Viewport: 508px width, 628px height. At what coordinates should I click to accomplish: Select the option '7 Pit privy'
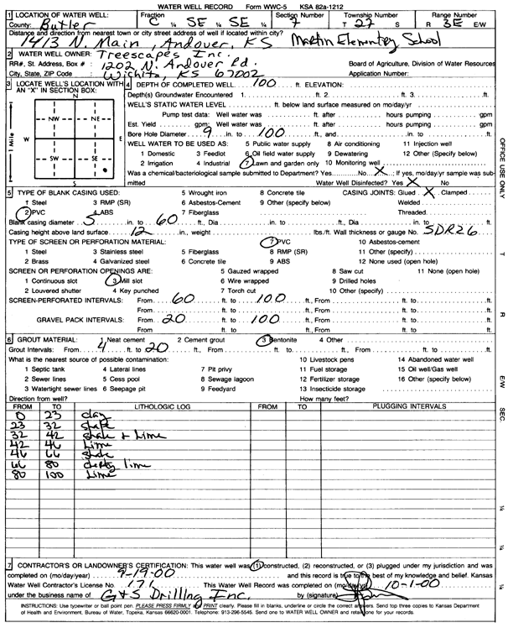(242, 369)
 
